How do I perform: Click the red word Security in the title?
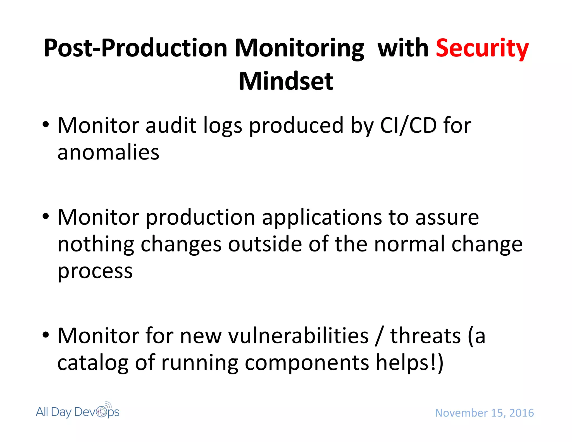click(x=482, y=48)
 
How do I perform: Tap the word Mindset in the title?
click(x=286, y=81)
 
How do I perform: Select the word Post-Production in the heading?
click(x=135, y=48)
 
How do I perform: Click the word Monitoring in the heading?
click(x=299, y=48)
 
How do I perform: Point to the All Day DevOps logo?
click(x=78, y=411)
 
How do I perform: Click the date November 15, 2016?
click(x=484, y=413)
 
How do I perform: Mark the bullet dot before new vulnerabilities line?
click(x=46, y=335)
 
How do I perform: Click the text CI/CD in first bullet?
click(x=408, y=125)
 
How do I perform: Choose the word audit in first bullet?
click(x=171, y=125)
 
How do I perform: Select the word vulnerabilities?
click(x=298, y=336)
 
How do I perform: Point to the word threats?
click(x=425, y=336)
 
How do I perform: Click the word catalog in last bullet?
click(x=93, y=363)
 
